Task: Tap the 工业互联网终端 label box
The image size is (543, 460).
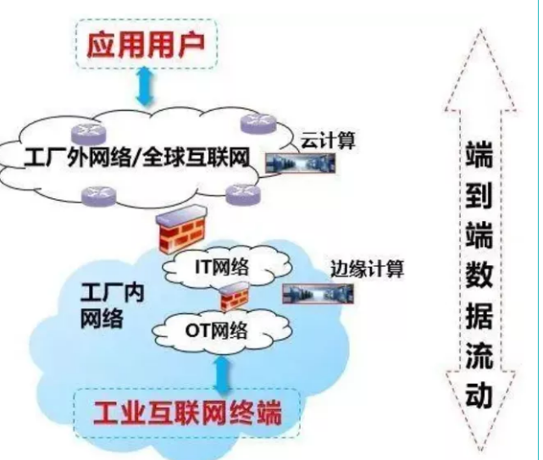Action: click(186, 413)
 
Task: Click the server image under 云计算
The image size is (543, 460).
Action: click(301, 164)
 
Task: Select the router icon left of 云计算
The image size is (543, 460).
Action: click(258, 125)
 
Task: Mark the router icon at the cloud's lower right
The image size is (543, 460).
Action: click(243, 191)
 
